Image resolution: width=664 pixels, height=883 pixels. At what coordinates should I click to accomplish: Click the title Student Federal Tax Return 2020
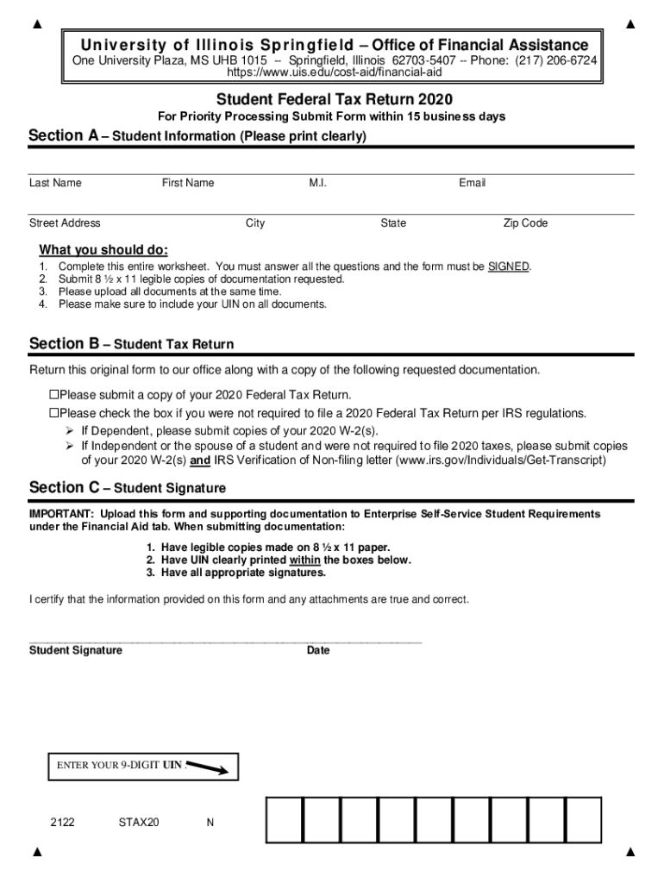(334, 99)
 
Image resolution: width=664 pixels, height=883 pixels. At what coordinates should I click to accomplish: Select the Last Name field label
(55, 183)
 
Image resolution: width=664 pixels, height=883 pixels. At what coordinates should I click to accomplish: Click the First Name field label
(188, 183)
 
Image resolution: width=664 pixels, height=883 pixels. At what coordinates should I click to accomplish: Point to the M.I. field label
(318, 183)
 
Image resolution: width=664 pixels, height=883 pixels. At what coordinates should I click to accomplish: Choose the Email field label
(473, 183)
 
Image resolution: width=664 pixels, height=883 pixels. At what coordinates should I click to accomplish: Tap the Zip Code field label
(525, 223)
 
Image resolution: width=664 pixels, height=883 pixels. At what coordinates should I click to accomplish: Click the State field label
(393, 223)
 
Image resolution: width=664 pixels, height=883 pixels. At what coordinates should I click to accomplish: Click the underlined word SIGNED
(508, 266)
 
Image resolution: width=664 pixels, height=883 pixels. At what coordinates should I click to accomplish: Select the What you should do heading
(103, 250)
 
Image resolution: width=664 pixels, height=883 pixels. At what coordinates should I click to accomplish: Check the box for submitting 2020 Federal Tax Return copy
(53, 395)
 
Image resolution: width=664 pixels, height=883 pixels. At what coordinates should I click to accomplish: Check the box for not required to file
(53, 413)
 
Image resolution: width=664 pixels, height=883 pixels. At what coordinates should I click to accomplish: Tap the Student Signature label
(76, 650)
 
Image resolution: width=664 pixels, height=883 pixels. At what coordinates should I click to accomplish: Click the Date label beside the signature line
(318, 650)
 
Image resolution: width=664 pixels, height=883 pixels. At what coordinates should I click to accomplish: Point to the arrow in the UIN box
(208, 767)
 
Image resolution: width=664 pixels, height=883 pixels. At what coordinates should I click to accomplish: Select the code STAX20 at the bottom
(139, 823)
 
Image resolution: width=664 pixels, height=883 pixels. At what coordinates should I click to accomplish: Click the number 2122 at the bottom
(62, 823)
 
